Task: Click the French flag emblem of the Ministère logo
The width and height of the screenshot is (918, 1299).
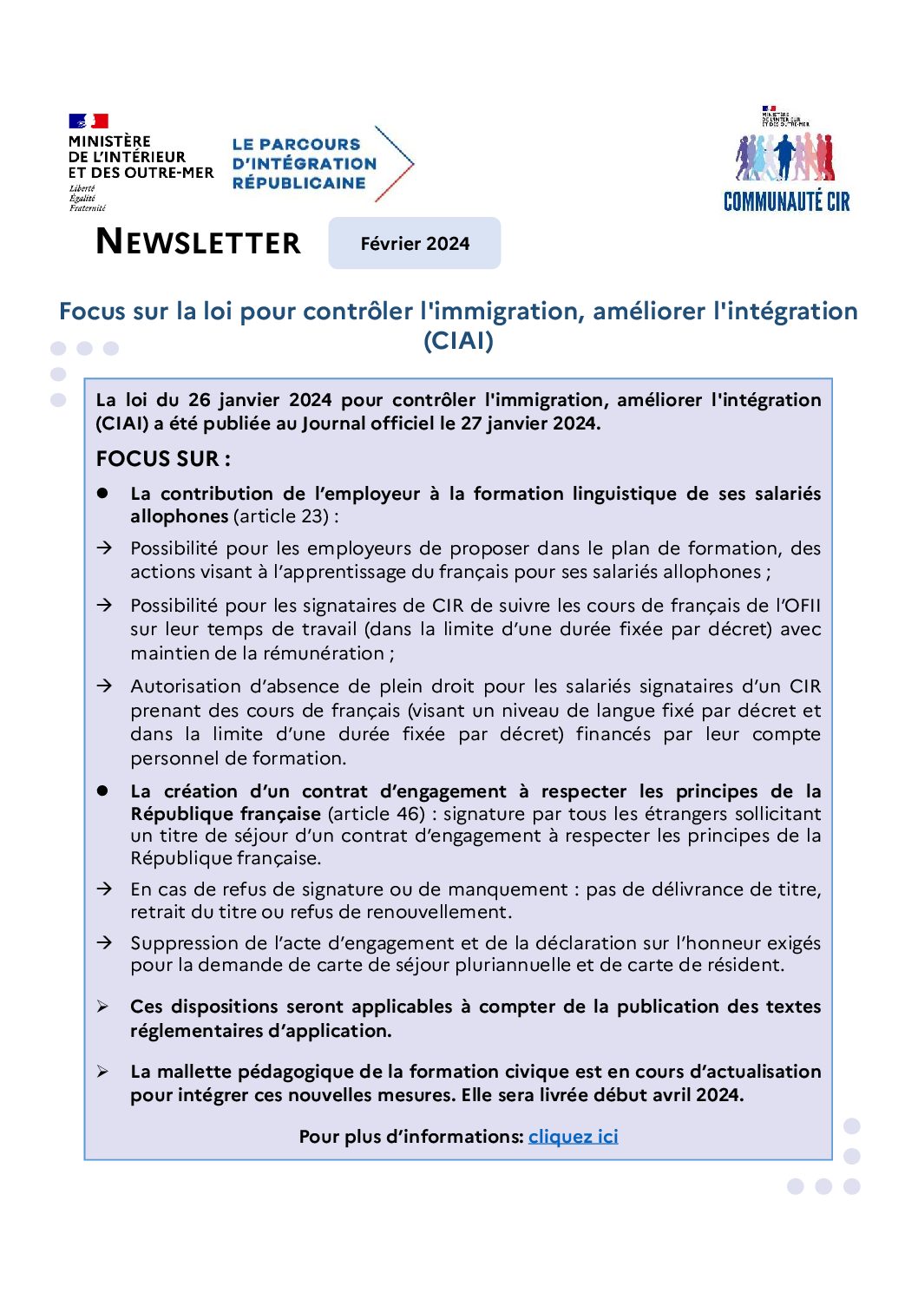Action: [88, 121]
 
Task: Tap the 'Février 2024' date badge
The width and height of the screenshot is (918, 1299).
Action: [415, 244]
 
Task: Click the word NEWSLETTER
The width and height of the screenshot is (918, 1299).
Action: [199, 242]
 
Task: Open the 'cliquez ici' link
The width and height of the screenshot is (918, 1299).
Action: [573, 1137]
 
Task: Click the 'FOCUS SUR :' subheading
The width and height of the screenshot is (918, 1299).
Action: [163, 459]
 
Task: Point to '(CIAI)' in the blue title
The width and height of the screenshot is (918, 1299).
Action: [458, 341]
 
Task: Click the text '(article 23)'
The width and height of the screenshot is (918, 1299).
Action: [281, 516]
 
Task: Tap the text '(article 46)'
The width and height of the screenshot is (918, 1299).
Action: [377, 814]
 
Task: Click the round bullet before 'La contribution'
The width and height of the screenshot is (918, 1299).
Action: [103, 493]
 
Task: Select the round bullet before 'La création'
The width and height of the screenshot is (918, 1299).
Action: [103, 791]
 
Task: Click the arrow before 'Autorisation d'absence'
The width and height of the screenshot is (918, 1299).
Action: [104, 686]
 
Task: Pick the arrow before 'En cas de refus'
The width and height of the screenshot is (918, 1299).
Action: [104, 889]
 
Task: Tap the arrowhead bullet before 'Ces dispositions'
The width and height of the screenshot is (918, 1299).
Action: [103, 1007]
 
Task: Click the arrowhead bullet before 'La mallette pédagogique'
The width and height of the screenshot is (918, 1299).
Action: [103, 1073]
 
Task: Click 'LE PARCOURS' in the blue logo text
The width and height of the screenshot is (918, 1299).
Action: [296, 145]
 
